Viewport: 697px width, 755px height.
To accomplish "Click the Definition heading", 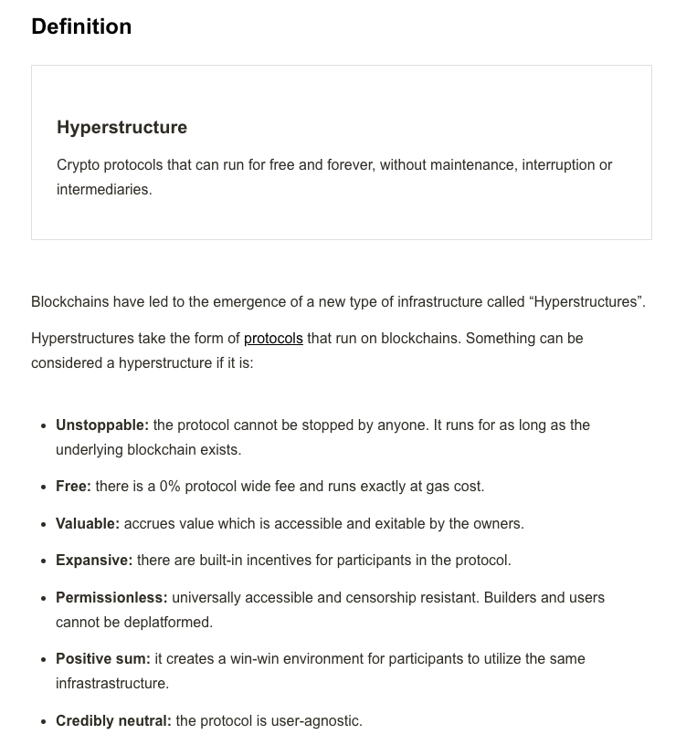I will (81, 26).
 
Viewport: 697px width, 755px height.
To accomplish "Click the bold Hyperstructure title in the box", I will (121, 127).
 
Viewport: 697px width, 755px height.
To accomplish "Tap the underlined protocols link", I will (273, 338).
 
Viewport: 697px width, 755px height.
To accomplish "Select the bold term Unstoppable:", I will (102, 425).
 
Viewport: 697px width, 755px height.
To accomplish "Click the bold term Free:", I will (73, 486).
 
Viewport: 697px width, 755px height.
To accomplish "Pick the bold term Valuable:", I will (88, 523).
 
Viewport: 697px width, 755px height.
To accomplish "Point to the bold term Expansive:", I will (94, 560).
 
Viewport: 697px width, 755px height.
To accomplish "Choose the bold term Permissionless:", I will (111, 597).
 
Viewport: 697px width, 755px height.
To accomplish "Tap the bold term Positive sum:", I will (103, 658).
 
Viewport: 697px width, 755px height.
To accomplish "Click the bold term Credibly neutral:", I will (113, 720).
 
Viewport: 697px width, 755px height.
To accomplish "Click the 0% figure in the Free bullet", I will (170, 486).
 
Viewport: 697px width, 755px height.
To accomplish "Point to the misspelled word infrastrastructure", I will (112, 683).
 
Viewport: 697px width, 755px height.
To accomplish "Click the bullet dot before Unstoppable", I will (44, 425).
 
